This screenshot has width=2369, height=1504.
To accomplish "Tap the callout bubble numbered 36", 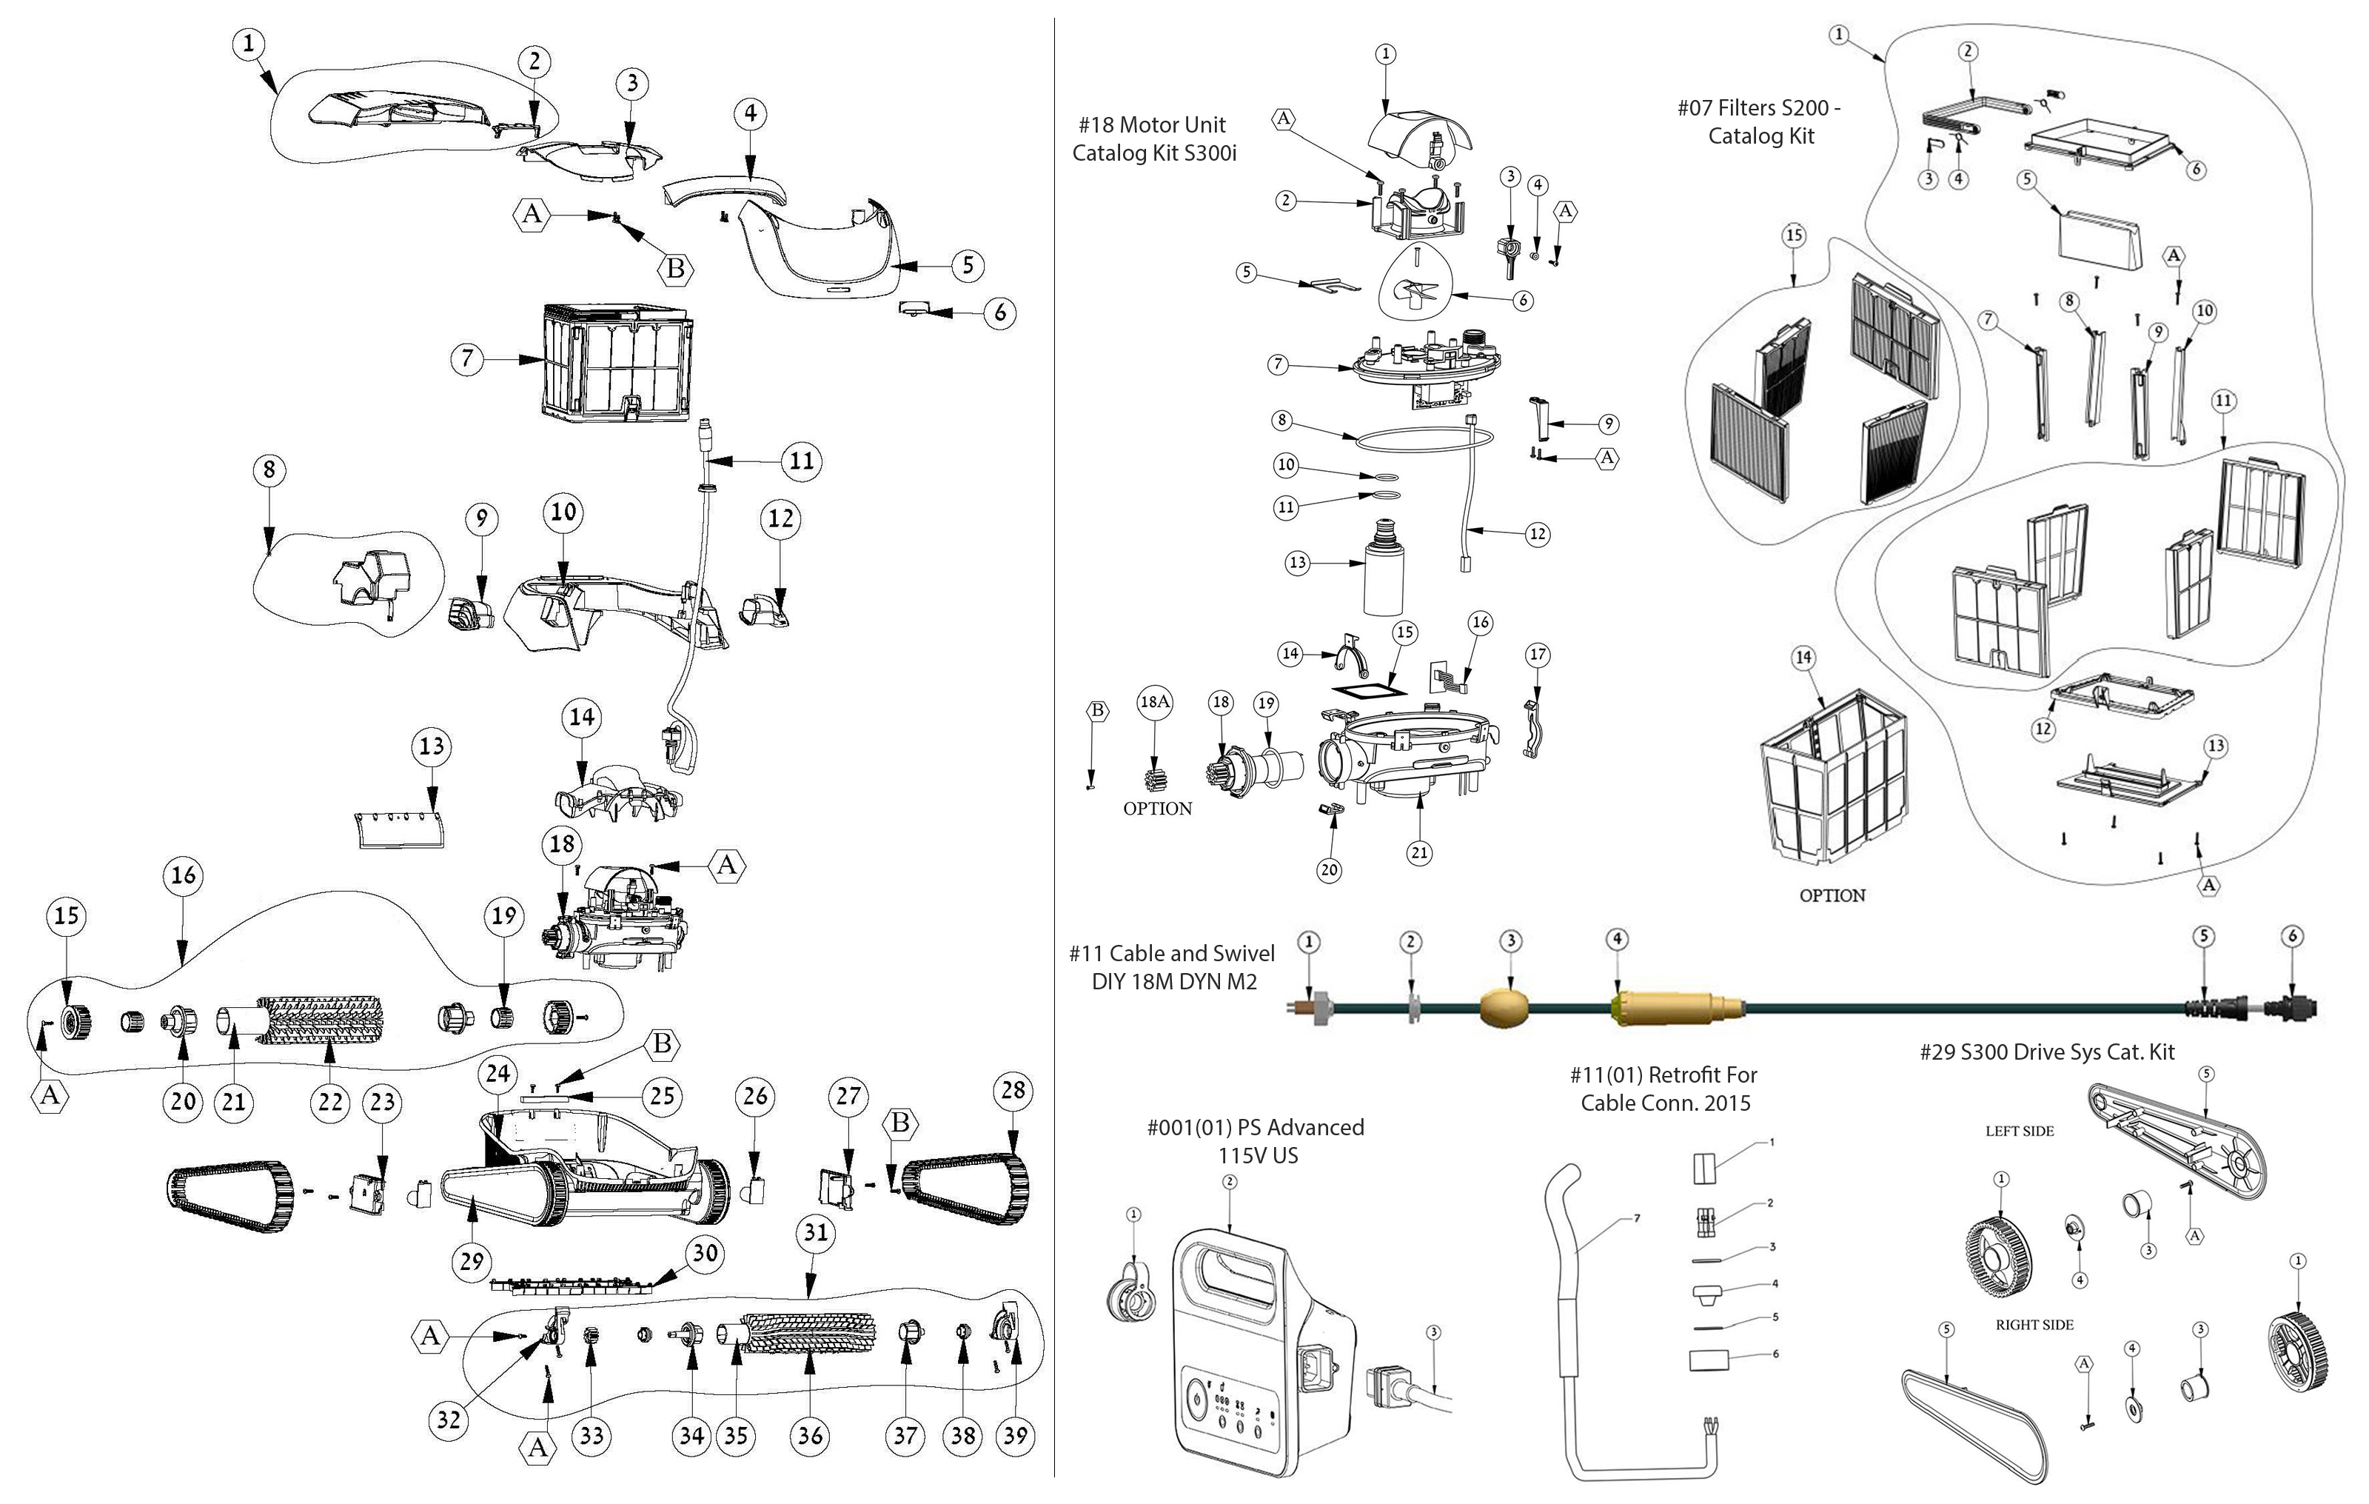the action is coord(810,1435).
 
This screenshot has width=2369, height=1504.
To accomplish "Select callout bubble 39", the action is coord(1014,1435).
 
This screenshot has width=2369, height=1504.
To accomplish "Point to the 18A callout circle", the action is coord(1155,702).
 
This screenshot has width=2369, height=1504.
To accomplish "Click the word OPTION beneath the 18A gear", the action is coord(1157,808).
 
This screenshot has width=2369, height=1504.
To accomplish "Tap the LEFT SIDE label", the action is coord(2019,1131).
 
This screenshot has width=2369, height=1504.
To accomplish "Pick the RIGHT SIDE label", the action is coord(2034,1325).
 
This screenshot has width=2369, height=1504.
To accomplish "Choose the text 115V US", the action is coord(1257,1154).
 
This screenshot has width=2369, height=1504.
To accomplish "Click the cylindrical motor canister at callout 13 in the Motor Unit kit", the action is coord(1382,576).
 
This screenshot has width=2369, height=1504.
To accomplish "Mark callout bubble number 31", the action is coord(814,1232).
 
